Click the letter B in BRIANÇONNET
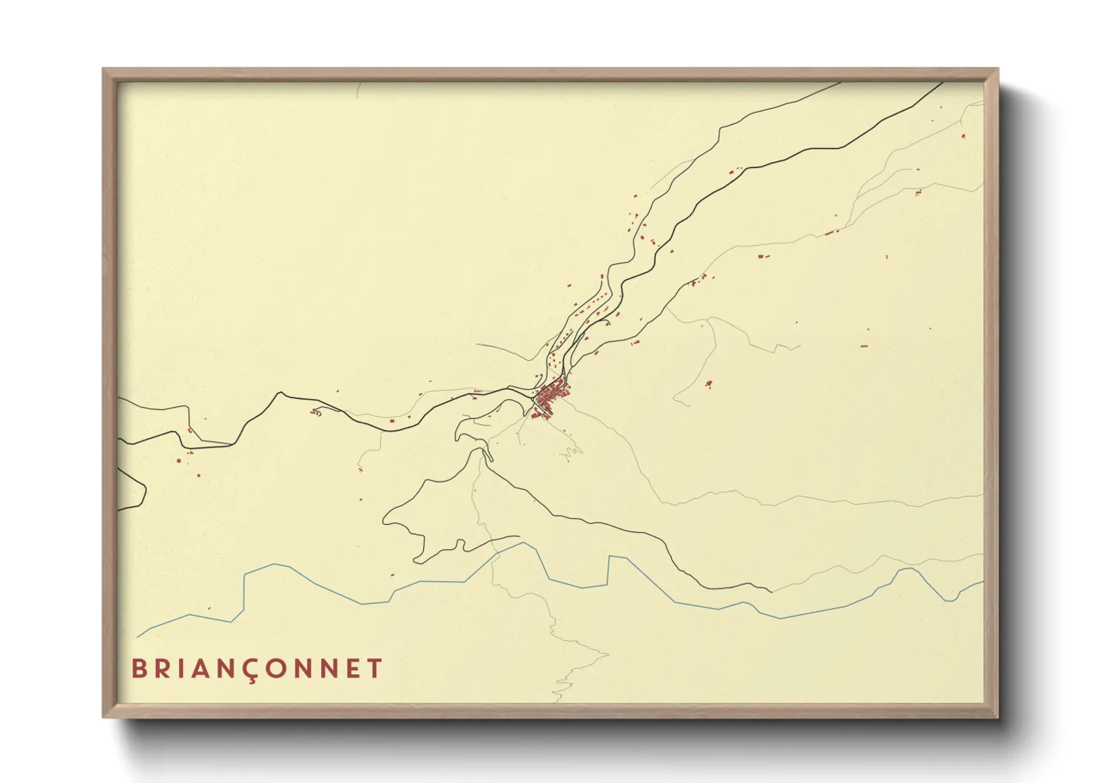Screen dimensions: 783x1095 tap(138, 668)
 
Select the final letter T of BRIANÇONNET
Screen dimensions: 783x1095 tap(374, 668)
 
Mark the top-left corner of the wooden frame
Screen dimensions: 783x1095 tap(104, 70)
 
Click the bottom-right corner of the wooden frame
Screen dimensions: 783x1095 tap(997, 716)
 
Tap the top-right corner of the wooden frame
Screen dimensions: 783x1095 tap(997, 70)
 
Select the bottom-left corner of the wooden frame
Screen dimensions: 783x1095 tap(104, 716)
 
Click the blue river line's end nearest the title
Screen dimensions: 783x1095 tap(138, 636)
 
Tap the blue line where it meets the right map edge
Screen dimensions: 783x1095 tap(983, 582)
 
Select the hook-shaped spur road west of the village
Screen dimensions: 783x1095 tap(317, 411)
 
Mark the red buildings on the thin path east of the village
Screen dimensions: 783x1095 tap(708, 384)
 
